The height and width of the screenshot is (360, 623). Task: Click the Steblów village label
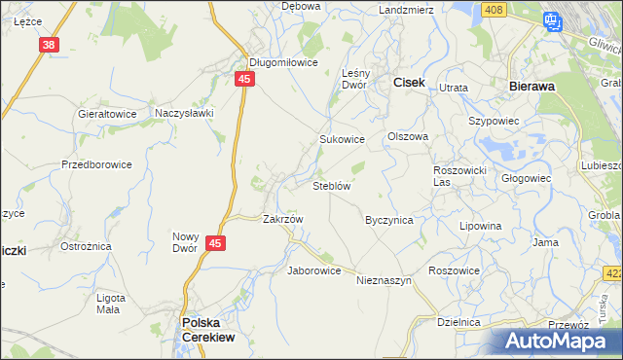coord(331,185)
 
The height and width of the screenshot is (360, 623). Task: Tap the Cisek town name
coord(408,84)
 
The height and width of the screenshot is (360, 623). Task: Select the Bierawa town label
coord(531,86)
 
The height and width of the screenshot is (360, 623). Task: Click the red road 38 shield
coord(50,45)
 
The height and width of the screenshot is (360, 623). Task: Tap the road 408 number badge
coord(494,10)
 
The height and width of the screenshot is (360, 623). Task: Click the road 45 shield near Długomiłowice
coord(245,79)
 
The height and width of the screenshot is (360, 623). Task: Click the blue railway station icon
coord(553,19)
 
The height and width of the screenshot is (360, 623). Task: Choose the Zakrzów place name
coord(283,219)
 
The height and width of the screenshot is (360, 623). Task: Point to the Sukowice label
coord(342,139)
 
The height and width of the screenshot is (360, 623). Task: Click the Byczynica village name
coord(388,220)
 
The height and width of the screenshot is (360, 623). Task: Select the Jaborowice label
coord(313,270)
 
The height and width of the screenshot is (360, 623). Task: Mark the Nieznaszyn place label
coord(385,280)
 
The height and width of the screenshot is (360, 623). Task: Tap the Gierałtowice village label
coord(107,113)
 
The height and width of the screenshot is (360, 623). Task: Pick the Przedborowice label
coord(96,164)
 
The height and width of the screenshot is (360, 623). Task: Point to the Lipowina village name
coord(480,226)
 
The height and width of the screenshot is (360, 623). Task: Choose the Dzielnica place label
coord(459,321)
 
